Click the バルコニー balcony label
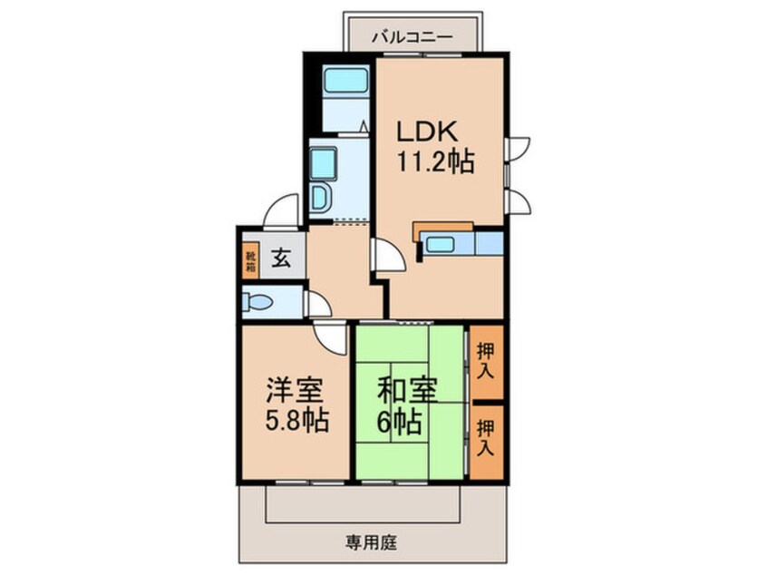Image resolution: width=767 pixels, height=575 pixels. (412, 37)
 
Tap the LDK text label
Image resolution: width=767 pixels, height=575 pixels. (426, 132)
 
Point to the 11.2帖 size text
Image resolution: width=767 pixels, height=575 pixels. (435, 161)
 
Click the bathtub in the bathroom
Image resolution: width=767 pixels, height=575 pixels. (345, 80)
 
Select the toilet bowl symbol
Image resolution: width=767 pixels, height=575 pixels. (257, 302)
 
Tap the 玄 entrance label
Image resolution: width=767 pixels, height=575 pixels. (281, 258)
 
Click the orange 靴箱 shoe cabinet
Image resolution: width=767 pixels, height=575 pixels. (250, 261)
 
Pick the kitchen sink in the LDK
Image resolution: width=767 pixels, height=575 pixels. (440, 244)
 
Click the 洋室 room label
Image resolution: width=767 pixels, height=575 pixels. (295, 390)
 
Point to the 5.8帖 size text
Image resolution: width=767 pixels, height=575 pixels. (297, 420)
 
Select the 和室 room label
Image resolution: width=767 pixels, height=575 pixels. (407, 390)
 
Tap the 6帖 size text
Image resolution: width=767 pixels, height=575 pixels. (399, 421)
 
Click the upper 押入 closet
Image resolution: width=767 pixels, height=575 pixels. (487, 361)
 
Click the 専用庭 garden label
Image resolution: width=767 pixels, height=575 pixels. (372, 542)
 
